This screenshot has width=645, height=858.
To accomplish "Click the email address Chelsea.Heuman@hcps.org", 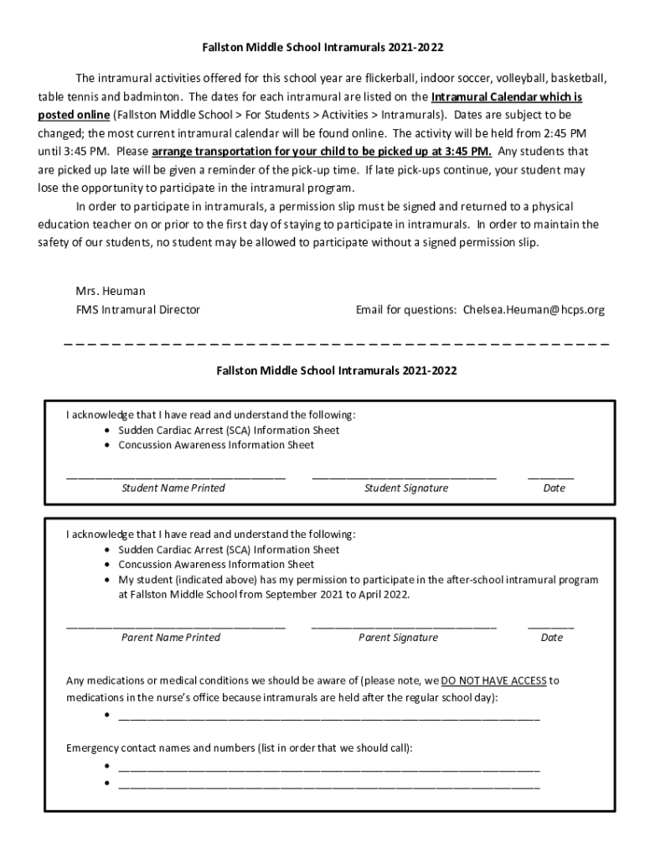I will pyautogui.click(x=534, y=310).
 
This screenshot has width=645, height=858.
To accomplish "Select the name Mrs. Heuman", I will pyautogui.click(x=111, y=291).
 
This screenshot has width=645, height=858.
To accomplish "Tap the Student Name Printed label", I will pyautogui.click(x=173, y=488).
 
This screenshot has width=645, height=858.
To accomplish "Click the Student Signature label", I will pyautogui.click(x=406, y=488).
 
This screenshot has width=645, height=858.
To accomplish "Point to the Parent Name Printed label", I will pyautogui.click(x=171, y=638).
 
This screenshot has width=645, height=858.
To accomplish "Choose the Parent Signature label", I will pyautogui.click(x=398, y=638).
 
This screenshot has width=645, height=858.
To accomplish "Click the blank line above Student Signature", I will pyautogui.click(x=404, y=476).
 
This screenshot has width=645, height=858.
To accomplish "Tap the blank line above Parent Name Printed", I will pyautogui.click(x=176, y=626).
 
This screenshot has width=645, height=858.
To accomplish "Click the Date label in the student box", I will pyautogui.click(x=554, y=488).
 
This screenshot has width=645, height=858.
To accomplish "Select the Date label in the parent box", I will pyautogui.click(x=552, y=638).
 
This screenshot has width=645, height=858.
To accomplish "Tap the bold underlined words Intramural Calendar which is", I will pyautogui.click(x=507, y=96).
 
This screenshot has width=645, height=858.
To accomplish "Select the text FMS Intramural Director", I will pyautogui.click(x=138, y=310).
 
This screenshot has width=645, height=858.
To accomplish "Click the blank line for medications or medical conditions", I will pyautogui.click(x=329, y=718).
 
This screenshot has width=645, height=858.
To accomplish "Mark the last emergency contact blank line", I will pyautogui.click(x=329, y=785).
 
